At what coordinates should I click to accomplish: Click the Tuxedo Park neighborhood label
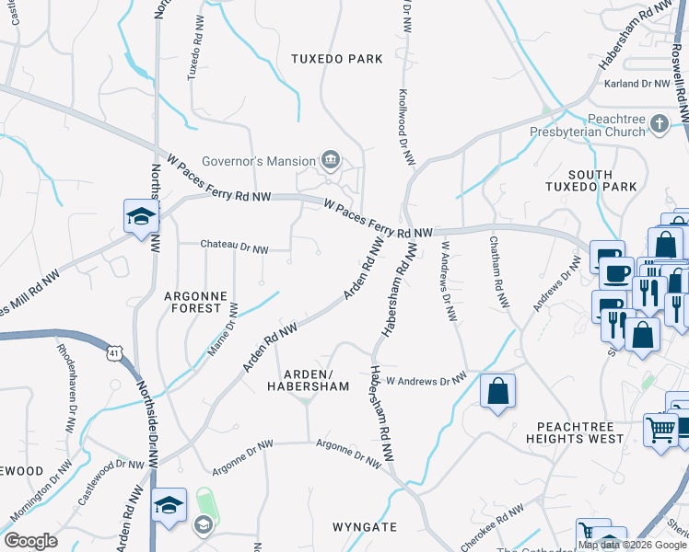[x=336, y=59]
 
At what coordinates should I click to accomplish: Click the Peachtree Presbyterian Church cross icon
[x=659, y=123]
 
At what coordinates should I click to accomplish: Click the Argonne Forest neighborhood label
[x=193, y=302]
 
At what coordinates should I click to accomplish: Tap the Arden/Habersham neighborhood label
[x=315, y=380]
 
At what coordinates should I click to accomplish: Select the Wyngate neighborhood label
[x=365, y=527]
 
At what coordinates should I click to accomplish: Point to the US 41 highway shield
[x=111, y=351]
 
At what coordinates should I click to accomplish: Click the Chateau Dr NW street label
[x=235, y=247]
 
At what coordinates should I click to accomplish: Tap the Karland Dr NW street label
[x=636, y=84]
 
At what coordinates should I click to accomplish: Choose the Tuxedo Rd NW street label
[x=194, y=48]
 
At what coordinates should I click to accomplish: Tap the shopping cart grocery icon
[x=660, y=429]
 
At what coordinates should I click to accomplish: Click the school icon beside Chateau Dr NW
[x=141, y=217]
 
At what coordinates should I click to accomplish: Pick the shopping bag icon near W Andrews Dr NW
[x=497, y=391]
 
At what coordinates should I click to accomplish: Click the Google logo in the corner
[x=31, y=541]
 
